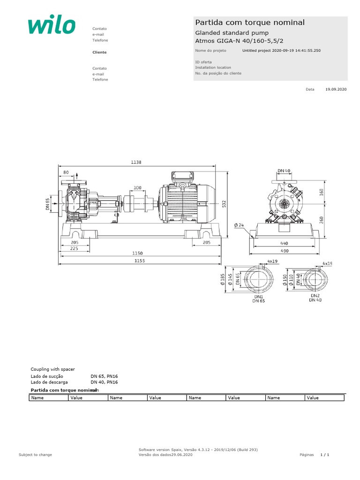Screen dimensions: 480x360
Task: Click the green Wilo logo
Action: [52, 26]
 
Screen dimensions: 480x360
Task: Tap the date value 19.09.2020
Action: [336, 89]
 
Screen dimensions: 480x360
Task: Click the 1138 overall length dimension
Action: [136, 162]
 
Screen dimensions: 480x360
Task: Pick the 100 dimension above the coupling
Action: [137, 187]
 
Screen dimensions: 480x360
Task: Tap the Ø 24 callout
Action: [239, 225]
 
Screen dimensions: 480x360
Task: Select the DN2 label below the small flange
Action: [315, 296]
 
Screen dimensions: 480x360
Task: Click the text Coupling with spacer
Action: [52, 369]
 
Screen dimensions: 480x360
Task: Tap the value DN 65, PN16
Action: [104, 376]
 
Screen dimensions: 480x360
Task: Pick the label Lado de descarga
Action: [47, 382]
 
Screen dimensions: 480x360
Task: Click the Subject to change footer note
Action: [35, 455]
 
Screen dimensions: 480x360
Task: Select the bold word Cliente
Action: [99, 52]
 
